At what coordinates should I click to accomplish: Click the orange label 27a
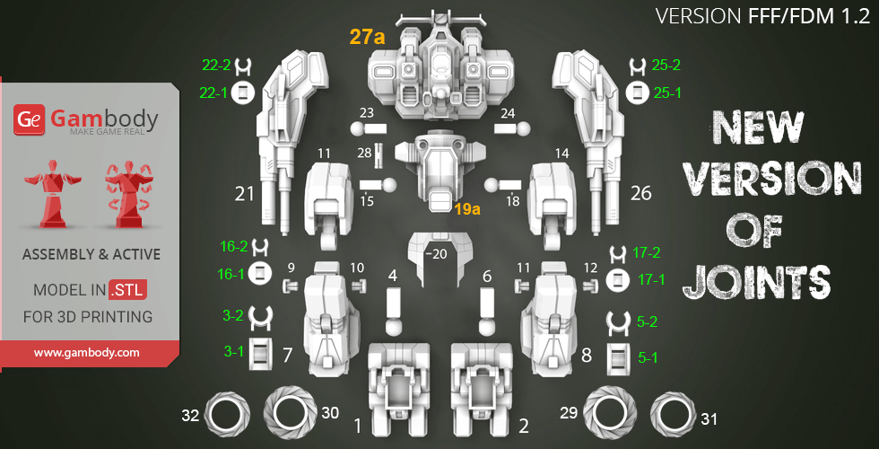(x=368, y=37)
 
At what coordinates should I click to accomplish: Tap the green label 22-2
(x=217, y=66)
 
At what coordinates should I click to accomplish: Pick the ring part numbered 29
(x=610, y=412)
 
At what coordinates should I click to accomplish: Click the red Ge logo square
(x=30, y=119)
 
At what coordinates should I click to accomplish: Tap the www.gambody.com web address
(x=87, y=353)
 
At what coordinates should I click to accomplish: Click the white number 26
(x=641, y=192)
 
